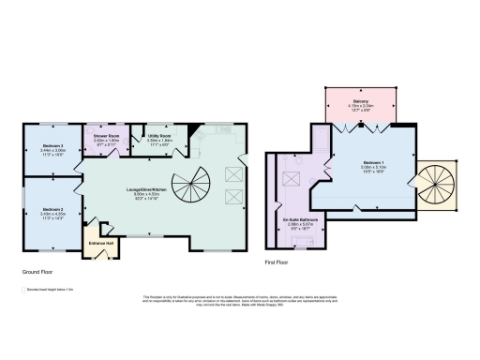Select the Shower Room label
tap(105, 136)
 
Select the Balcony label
tap(361, 100)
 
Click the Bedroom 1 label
tap(374, 162)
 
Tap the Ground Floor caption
tap(37, 272)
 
